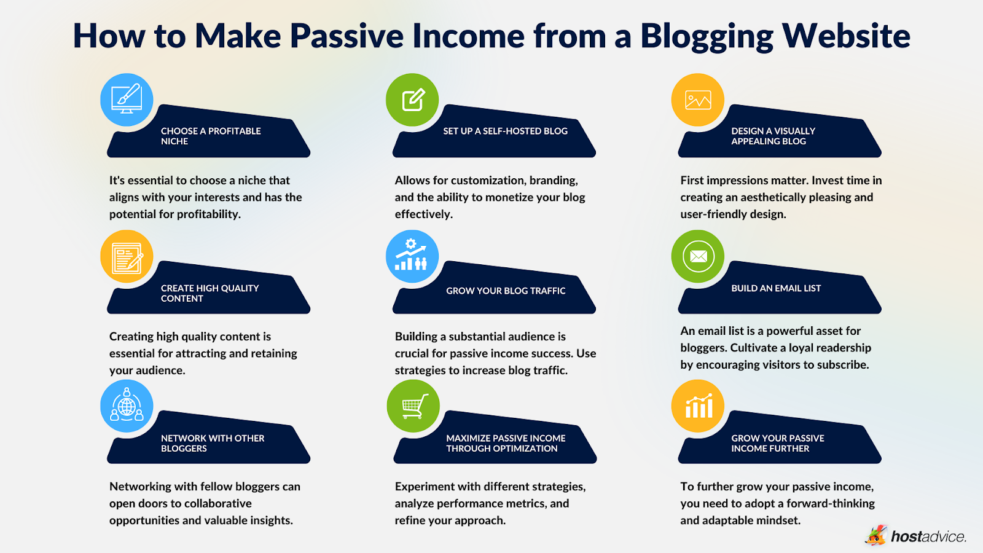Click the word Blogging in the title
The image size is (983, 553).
707,37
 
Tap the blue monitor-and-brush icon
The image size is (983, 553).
127,100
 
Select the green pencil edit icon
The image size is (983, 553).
412,100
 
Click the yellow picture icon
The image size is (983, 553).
698,100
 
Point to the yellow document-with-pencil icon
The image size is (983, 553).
127,257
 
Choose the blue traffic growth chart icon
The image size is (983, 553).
412,257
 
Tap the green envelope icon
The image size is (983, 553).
698,257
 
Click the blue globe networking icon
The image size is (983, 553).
127,406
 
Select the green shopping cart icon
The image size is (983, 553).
413,406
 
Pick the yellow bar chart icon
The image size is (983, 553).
698,406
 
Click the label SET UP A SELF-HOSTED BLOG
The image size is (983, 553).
505,131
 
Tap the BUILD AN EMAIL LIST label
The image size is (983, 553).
775,288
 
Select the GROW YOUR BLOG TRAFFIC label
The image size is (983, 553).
505,291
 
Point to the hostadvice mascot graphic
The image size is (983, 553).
877,535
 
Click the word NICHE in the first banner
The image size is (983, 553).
174,141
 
